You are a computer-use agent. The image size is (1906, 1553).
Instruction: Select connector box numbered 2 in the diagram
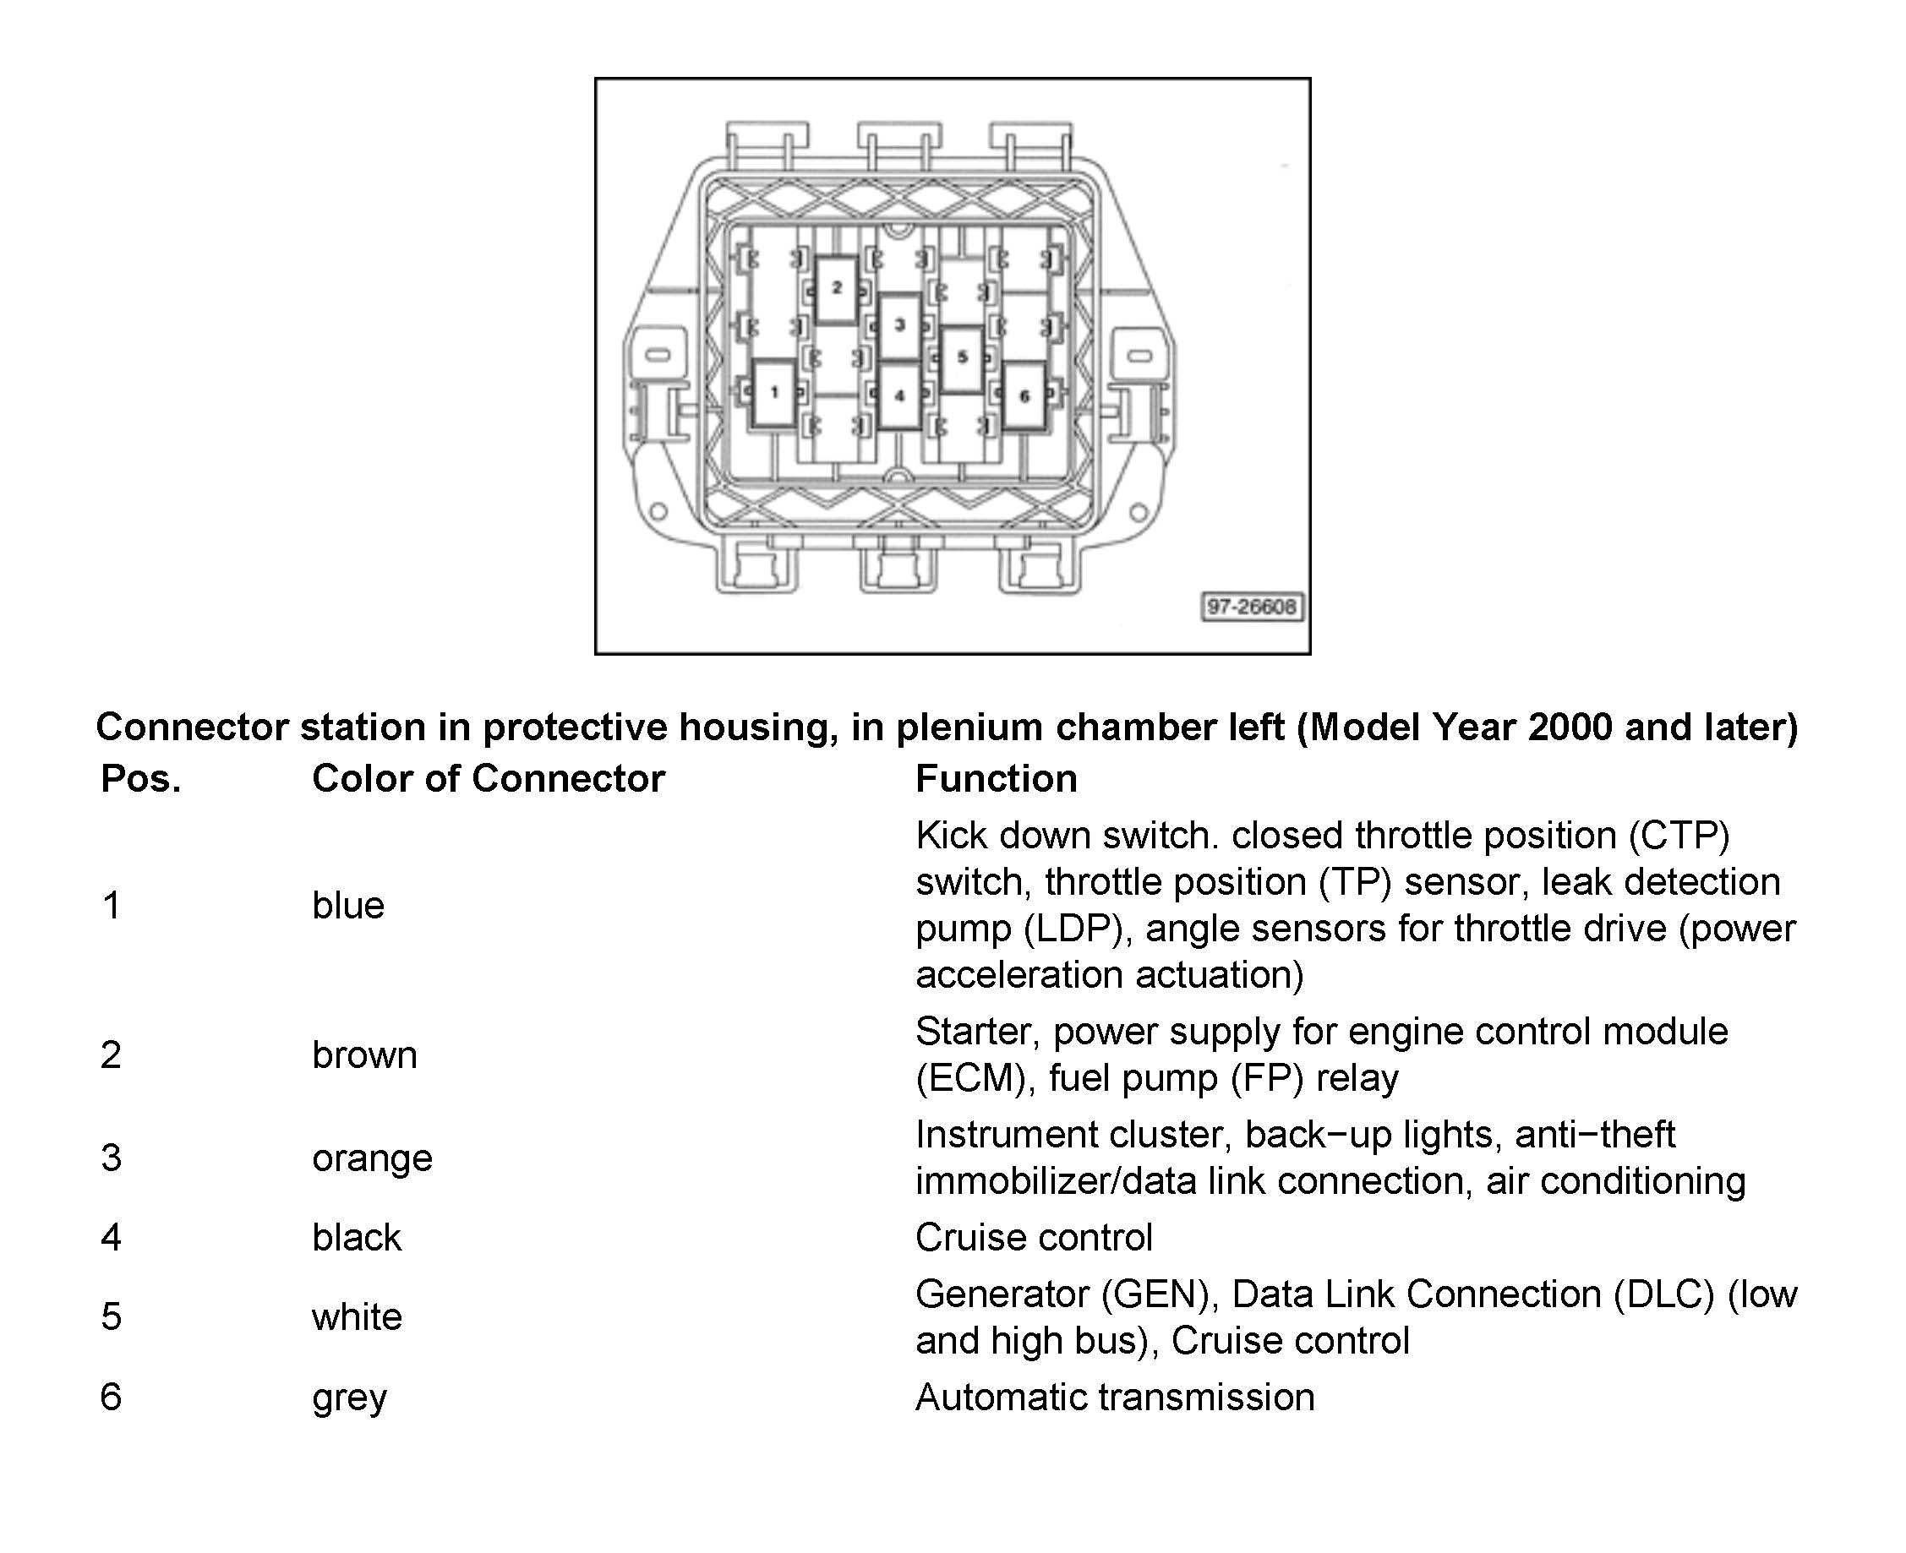pyautogui.click(x=837, y=288)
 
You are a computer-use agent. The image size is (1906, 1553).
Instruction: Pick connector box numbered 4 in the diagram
pyautogui.click(x=899, y=395)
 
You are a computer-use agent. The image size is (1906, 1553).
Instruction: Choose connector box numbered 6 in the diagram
pyautogui.click(x=1024, y=395)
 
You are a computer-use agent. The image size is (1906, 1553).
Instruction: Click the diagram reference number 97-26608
pyautogui.click(x=1251, y=607)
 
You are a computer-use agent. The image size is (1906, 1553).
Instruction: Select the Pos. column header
pyautogui.click(x=140, y=778)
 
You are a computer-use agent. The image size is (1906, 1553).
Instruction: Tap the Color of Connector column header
pyautogui.click(x=488, y=778)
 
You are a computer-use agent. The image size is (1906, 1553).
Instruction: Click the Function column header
pyautogui.click(x=996, y=778)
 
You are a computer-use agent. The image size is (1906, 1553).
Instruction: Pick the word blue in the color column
pyautogui.click(x=348, y=905)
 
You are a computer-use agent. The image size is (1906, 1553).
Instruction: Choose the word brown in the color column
pyautogui.click(x=364, y=1054)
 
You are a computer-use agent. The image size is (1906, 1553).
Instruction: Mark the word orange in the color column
pyautogui.click(x=372, y=1158)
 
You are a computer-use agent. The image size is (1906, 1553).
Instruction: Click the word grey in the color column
pyautogui.click(x=349, y=1398)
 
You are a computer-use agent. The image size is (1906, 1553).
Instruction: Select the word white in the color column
pyautogui.click(x=357, y=1316)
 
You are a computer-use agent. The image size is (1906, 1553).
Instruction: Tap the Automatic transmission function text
pyautogui.click(x=1115, y=1398)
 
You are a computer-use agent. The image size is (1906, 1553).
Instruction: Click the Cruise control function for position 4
pyautogui.click(x=1034, y=1237)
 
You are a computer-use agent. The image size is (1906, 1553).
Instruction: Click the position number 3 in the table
pyautogui.click(x=111, y=1158)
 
